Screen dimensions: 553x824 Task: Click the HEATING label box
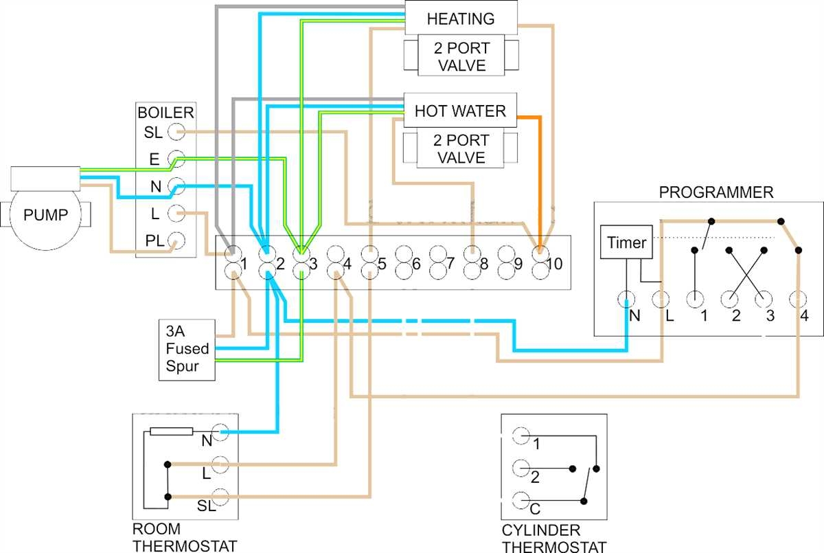(x=460, y=19)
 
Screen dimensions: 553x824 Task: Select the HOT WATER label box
(x=460, y=111)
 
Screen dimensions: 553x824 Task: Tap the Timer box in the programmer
(x=626, y=242)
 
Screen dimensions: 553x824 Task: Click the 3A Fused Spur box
(x=187, y=349)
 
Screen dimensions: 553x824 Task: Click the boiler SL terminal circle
(x=176, y=131)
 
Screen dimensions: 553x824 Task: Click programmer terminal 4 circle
(x=798, y=300)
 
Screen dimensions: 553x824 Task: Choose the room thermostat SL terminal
(x=220, y=496)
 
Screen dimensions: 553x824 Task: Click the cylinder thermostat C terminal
(x=521, y=501)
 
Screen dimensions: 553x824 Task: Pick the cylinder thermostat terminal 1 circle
(x=521, y=436)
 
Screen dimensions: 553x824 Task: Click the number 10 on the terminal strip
(x=556, y=264)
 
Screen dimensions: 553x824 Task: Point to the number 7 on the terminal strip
(x=450, y=264)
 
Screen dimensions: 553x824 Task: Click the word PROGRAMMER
(x=716, y=192)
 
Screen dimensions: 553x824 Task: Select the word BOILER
(x=165, y=113)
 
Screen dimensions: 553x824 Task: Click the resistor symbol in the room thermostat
(x=165, y=432)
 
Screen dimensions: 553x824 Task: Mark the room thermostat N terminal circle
(x=220, y=432)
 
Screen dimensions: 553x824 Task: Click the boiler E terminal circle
(x=176, y=159)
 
